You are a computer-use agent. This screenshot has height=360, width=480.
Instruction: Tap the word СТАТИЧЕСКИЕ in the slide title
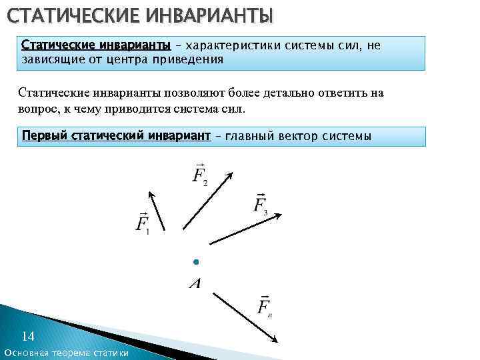click(x=71, y=15)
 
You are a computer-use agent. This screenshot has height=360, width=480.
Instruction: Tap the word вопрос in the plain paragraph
click(x=39, y=108)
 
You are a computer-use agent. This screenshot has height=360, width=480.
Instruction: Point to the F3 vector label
click(x=261, y=203)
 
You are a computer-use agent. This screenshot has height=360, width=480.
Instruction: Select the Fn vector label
click(x=265, y=306)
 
